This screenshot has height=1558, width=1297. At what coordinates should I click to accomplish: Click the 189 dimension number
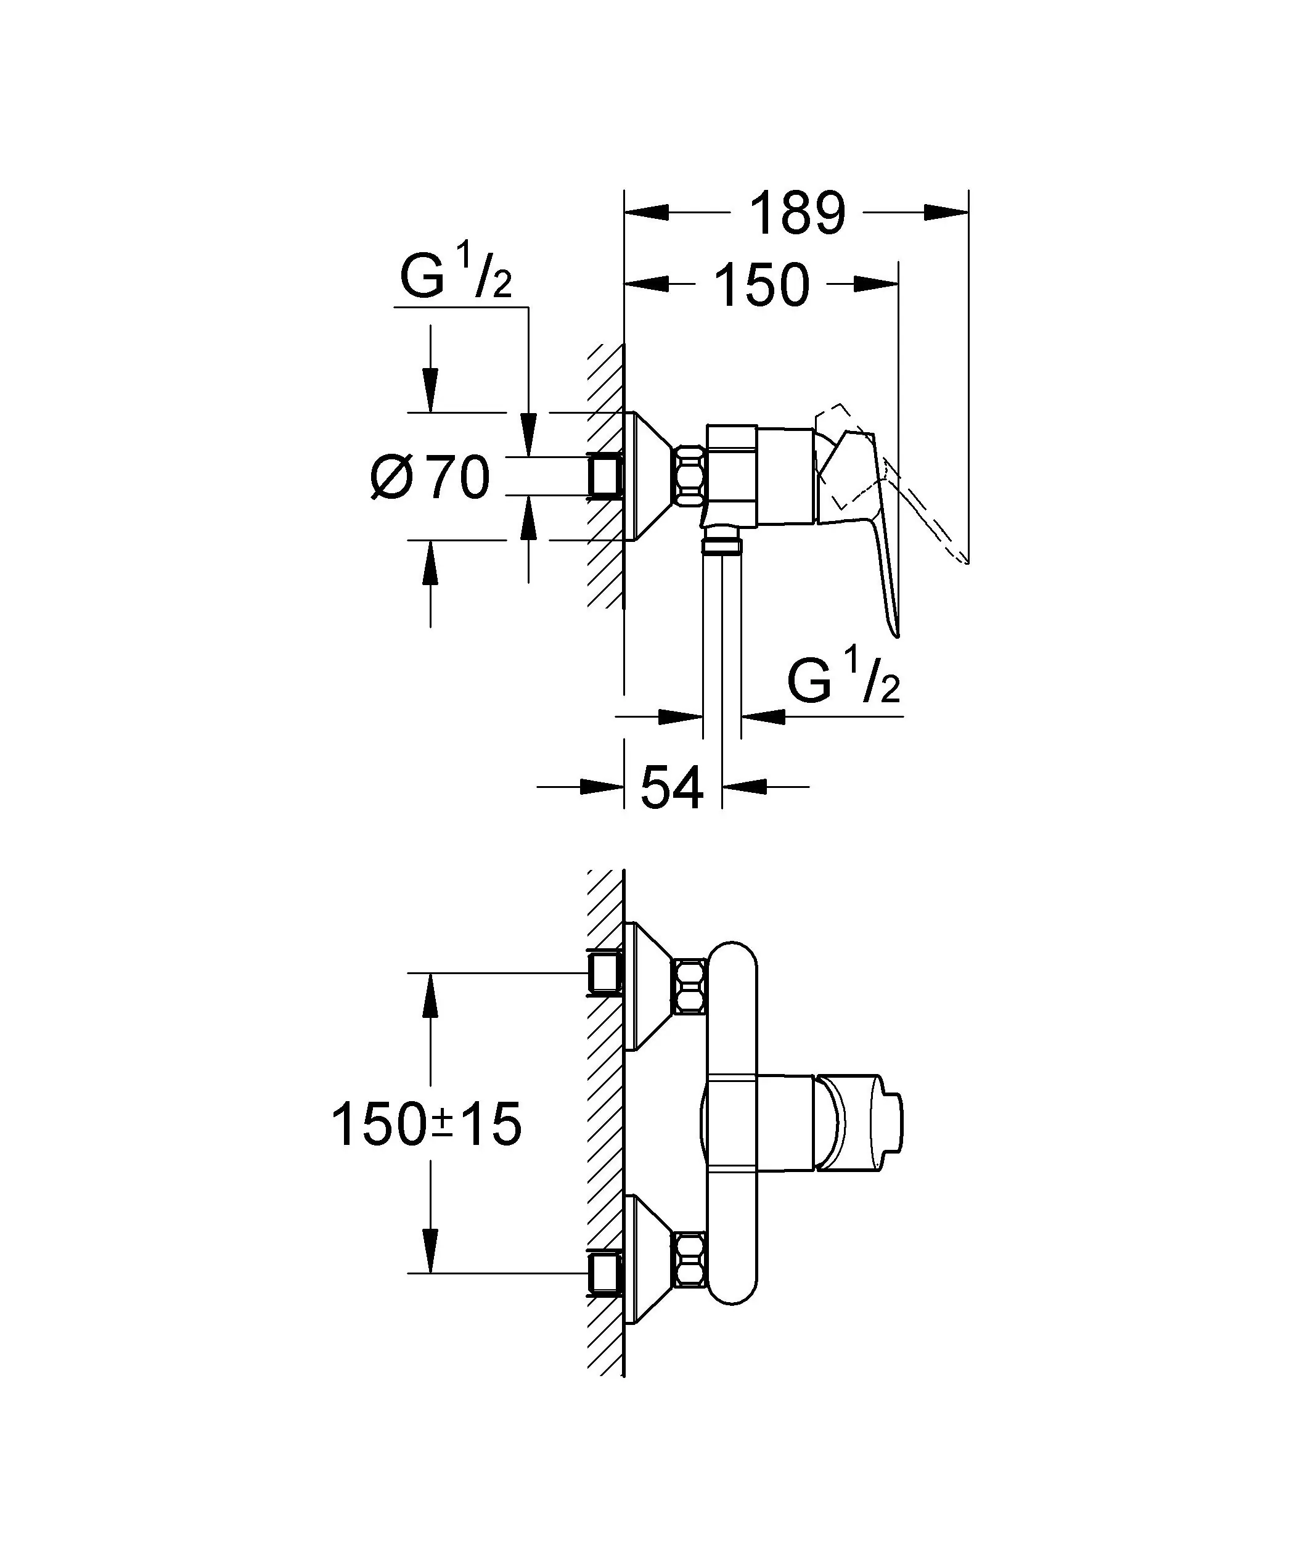click(x=797, y=215)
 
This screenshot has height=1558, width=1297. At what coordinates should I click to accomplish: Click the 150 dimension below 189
click(x=761, y=285)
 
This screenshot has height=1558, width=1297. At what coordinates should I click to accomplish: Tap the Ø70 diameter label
click(x=430, y=478)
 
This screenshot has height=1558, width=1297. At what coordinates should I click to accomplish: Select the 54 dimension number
click(x=671, y=788)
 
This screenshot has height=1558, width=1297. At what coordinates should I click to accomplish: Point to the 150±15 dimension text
click(x=426, y=1124)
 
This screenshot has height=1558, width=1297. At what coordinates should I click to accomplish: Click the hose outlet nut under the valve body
click(x=721, y=547)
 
